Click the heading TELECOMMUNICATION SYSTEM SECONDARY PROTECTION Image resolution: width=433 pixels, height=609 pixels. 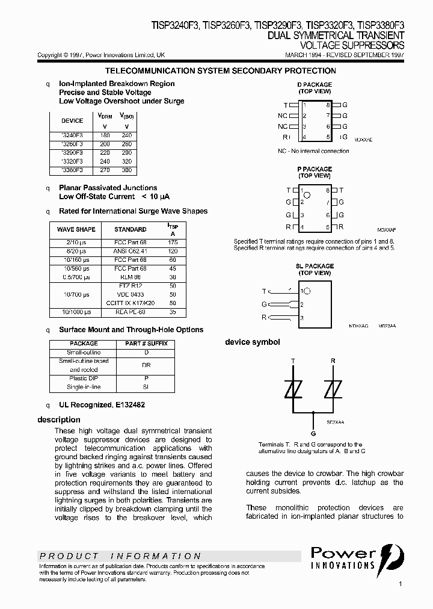click(x=220, y=71)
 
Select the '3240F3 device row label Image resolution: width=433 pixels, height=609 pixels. click(x=72, y=136)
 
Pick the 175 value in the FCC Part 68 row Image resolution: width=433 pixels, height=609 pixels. click(x=173, y=242)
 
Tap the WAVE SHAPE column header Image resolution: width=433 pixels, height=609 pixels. click(x=76, y=229)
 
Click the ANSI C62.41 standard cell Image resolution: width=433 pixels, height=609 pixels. click(x=130, y=250)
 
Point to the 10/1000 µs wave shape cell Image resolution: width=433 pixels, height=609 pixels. click(x=76, y=312)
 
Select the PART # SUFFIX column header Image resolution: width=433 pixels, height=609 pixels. click(x=146, y=344)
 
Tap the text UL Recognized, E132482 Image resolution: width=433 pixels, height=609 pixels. click(x=102, y=405)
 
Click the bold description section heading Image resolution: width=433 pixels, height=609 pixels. click(x=59, y=419)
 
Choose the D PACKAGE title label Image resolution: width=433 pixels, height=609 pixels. click(x=315, y=85)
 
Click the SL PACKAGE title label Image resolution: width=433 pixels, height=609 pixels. click(x=315, y=266)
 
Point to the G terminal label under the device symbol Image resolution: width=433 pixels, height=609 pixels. click(x=313, y=433)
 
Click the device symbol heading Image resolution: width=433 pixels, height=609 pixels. click(x=252, y=342)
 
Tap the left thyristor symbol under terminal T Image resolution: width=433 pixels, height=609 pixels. click(x=293, y=390)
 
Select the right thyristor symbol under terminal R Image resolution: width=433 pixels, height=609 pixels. click(x=332, y=390)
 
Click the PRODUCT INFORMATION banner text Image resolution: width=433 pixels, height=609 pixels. click(x=120, y=556)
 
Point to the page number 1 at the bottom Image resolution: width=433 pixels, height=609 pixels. click(x=400, y=584)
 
